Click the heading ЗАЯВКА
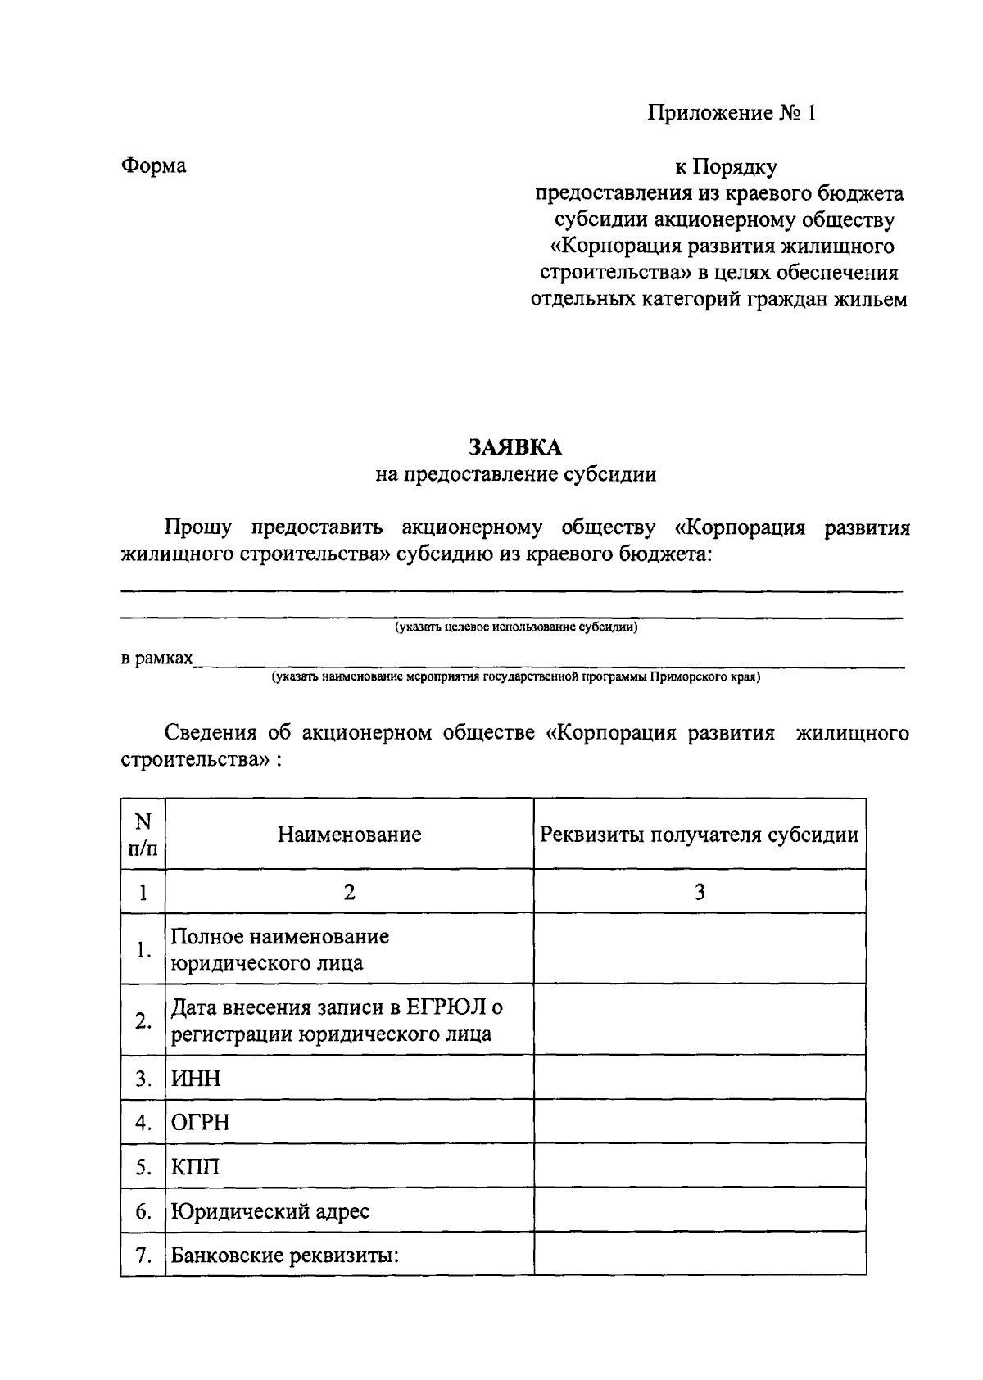click(515, 446)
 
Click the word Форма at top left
click(153, 166)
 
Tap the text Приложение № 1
click(732, 113)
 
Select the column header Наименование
click(349, 835)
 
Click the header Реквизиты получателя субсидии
click(699, 835)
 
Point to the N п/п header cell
click(143, 835)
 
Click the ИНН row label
click(196, 1078)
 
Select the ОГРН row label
click(200, 1122)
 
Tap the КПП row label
click(195, 1166)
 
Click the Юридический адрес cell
click(270, 1210)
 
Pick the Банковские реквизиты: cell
click(284, 1255)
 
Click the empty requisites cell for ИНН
click(699, 1078)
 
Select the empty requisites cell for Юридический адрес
click(699, 1210)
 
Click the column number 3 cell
click(699, 892)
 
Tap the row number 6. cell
click(143, 1210)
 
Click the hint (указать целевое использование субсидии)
click(516, 628)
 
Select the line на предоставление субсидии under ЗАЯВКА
click(515, 474)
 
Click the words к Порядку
click(725, 167)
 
